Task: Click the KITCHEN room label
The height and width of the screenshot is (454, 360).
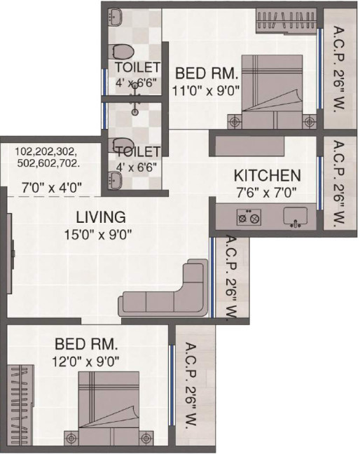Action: pos(267,175)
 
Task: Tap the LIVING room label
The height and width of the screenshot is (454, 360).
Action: pos(101,217)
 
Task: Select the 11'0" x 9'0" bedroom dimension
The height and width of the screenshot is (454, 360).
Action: pos(206,91)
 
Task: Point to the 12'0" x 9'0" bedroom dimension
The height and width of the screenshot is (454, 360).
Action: pos(85,362)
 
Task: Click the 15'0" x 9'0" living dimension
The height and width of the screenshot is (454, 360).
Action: pos(98,235)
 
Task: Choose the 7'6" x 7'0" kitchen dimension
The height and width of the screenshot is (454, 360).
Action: pos(267,193)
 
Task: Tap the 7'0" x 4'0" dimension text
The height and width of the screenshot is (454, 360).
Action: pos(52,188)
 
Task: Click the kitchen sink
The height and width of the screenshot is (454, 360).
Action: pos(295,216)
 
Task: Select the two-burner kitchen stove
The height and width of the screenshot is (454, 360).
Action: pos(249,217)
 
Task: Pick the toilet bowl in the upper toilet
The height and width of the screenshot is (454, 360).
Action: pos(121,52)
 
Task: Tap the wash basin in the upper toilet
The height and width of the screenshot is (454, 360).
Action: pos(115,17)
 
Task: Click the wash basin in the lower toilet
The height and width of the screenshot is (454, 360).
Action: pos(115,181)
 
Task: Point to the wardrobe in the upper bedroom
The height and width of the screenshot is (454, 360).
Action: pos(286,21)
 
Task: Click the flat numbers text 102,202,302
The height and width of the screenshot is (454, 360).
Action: pos(46,151)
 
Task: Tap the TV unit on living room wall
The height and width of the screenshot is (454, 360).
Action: pos(11,254)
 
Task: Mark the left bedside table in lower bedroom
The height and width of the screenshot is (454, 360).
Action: pos(71,439)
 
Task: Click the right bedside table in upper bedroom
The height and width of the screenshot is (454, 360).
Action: pos(310,122)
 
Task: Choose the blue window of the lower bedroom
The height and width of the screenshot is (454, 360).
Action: pos(172,385)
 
